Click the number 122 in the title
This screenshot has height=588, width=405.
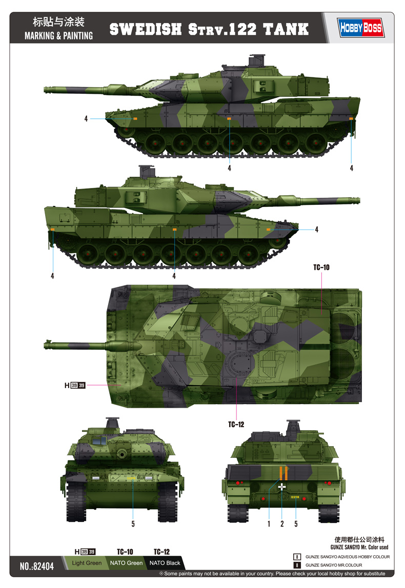[x=241, y=29]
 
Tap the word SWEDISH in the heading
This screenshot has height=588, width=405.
[x=145, y=29]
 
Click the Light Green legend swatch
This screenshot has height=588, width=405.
[x=87, y=563]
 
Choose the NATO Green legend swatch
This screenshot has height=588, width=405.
[x=126, y=563]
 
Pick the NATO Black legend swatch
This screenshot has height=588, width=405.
[x=164, y=563]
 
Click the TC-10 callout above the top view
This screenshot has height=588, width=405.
[x=321, y=267]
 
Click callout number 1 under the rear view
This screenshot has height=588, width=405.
[x=268, y=523]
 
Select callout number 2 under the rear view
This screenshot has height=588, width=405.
[x=282, y=523]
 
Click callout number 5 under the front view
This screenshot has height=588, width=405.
[x=133, y=523]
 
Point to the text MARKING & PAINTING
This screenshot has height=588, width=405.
[x=59, y=36]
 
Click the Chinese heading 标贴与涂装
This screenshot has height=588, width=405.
[x=58, y=22]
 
